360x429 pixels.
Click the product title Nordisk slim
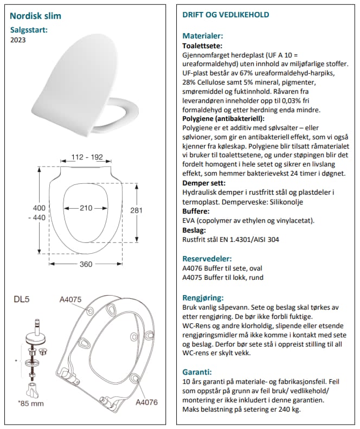click(x=36, y=16)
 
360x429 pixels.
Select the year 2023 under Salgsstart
click(x=19, y=39)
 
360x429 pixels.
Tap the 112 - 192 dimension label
click(x=87, y=158)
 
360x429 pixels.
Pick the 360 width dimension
click(x=86, y=264)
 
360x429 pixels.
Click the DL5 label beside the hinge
click(x=21, y=299)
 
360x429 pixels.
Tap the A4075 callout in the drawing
click(x=70, y=299)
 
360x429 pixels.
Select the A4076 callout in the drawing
click(x=146, y=402)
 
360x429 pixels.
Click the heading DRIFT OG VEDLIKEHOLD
click(x=226, y=15)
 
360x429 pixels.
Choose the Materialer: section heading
click(x=203, y=36)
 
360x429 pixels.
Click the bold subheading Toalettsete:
click(x=203, y=46)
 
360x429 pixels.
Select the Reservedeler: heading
click(x=207, y=259)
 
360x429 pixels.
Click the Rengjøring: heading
click(x=203, y=298)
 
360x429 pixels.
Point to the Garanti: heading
click(x=197, y=372)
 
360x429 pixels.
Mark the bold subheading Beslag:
click(x=195, y=229)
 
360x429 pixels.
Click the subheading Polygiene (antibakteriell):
click(x=223, y=118)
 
